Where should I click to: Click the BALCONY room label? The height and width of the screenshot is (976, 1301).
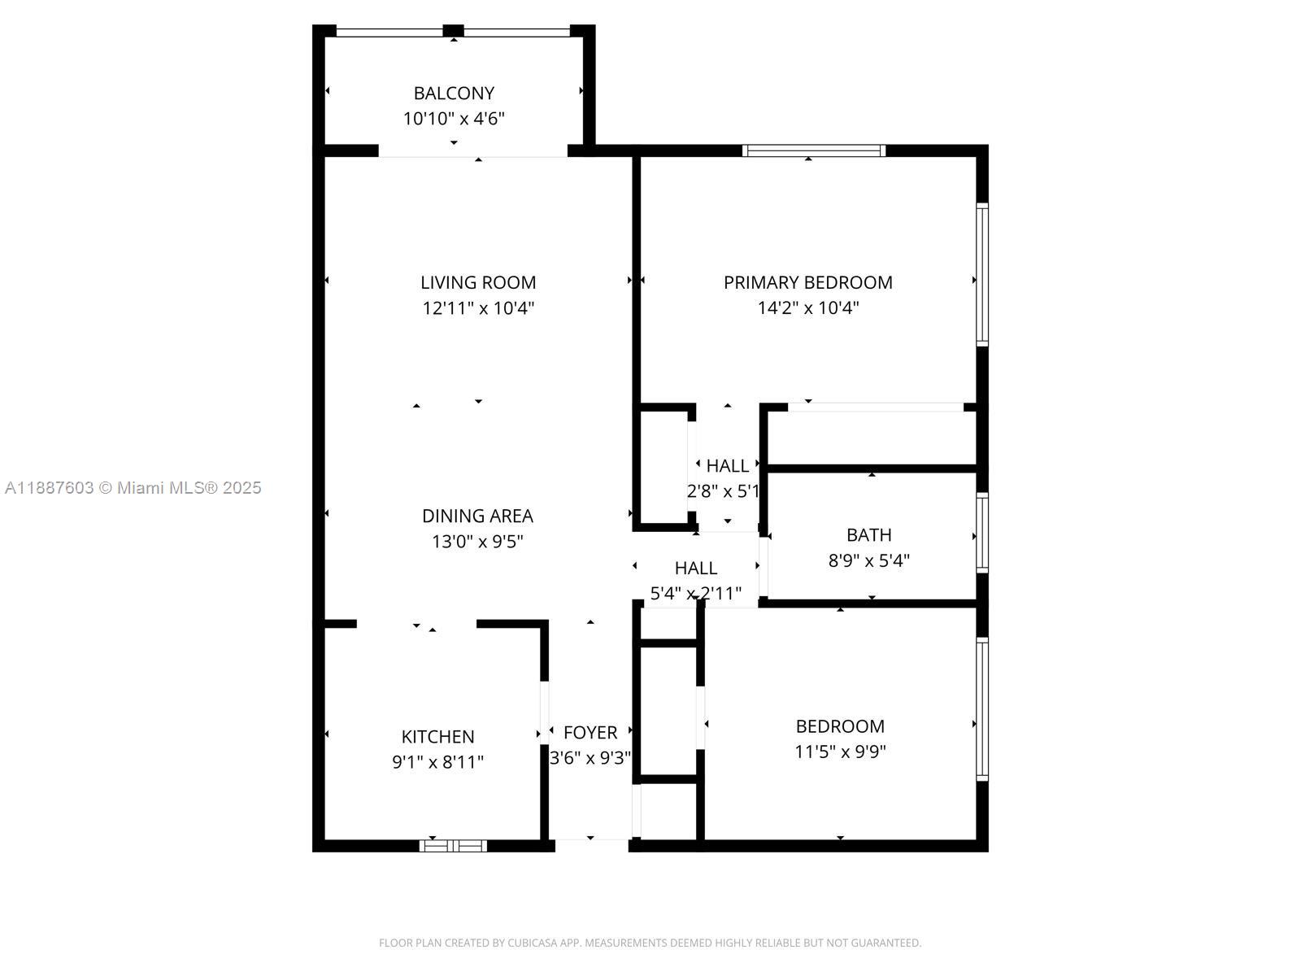[454, 93]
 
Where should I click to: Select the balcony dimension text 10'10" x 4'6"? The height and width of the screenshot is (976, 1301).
[454, 119]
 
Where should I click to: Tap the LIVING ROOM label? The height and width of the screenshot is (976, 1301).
[478, 282]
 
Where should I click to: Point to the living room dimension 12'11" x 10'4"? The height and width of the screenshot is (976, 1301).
[478, 308]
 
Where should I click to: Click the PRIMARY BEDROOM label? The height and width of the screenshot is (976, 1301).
[807, 282]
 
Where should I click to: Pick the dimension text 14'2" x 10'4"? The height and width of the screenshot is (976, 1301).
[807, 308]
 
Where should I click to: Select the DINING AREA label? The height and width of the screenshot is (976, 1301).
[477, 516]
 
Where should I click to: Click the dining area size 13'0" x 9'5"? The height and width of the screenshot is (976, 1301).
[477, 542]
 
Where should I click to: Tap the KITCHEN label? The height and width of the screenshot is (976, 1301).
[437, 736]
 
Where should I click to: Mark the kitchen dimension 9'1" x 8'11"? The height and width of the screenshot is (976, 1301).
[437, 762]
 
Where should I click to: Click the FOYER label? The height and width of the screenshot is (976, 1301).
[590, 732]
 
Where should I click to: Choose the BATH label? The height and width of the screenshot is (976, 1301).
[868, 534]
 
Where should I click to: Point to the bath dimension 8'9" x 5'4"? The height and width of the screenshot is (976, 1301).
[868, 560]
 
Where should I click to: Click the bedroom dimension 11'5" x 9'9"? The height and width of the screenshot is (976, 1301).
[840, 752]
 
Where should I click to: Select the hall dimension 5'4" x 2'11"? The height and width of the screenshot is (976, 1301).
[695, 594]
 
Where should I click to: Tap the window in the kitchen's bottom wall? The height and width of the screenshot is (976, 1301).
[453, 846]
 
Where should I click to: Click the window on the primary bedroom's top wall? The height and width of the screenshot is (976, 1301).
[813, 150]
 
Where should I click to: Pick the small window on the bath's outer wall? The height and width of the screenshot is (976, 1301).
[982, 533]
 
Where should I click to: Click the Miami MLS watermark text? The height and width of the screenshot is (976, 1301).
[133, 488]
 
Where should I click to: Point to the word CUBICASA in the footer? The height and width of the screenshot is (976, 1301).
[533, 943]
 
